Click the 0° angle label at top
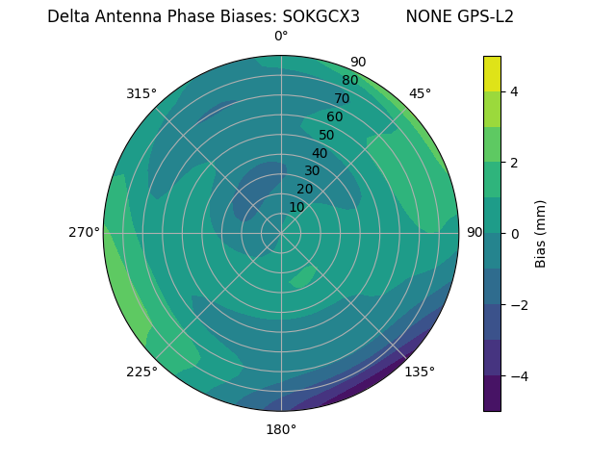(x=281, y=37)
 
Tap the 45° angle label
(x=420, y=93)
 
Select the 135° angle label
(x=420, y=372)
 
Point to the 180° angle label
(x=281, y=429)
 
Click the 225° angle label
(x=141, y=372)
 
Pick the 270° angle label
(x=85, y=232)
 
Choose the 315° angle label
(x=141, y=93)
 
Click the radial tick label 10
(x=296, y=207)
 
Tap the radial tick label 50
(x=326, y=136)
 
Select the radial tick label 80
(x=349, y=81)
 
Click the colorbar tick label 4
(x=515, y=91)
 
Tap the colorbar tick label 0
(x=515, y=234)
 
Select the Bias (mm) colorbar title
(x=541, y=234)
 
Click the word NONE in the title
(x=426, y=16)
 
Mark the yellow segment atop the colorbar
(x=492, y=73)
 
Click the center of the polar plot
(x=281, y=233)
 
